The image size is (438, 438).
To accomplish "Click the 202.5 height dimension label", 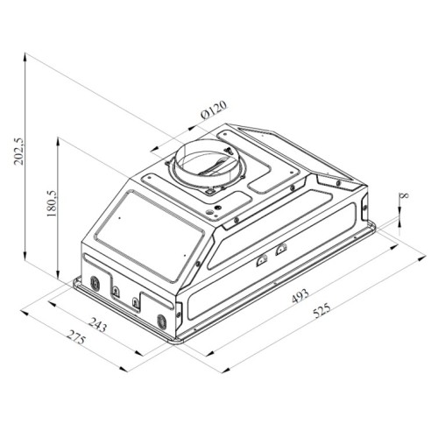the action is [x=20, y=151].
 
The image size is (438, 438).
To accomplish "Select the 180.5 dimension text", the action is [x=52, y=203].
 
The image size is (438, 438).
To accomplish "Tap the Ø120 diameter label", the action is [x=214, y=109].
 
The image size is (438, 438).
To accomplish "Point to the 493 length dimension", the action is [x=300, y=296].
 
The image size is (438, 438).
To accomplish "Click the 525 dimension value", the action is [x=321, y=310].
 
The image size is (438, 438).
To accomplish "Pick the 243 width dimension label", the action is [x=97, y=325].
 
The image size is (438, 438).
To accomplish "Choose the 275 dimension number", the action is [x=76, y=337].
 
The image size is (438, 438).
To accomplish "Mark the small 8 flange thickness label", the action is [x=405, y=195].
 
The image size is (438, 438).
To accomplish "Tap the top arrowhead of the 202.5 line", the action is [x=25, y=56].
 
